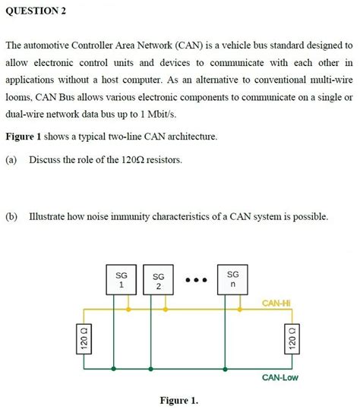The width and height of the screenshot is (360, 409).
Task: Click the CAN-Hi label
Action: click(x=276, y=304)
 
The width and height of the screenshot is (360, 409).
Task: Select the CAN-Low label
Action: click(x=279, y=377)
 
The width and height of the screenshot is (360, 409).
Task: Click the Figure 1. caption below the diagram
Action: click(x=179, y=400)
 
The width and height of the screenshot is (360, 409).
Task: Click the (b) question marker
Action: click(x=11, y=217)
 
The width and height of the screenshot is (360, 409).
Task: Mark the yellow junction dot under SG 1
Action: click(x=128, y=310)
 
